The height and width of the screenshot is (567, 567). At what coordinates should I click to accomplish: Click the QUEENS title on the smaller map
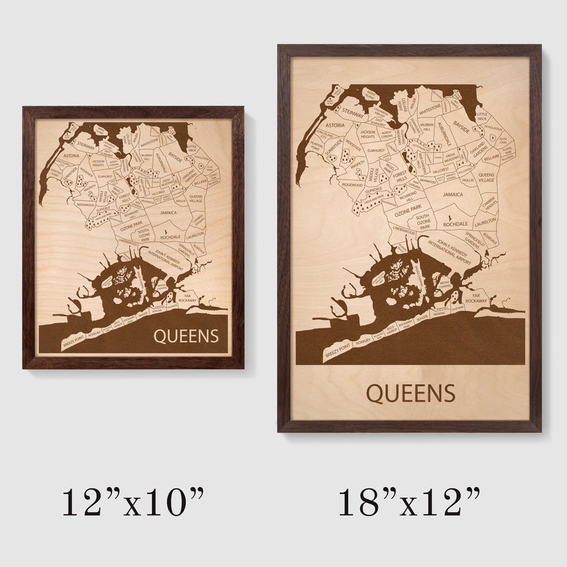[x=186, y=336]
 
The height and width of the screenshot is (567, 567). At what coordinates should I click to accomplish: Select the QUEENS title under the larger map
[x=410, y=393]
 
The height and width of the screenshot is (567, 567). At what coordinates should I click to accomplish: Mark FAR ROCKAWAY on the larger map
[x=479, y=297]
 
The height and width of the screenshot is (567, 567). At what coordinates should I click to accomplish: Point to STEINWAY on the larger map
[x=352, y=111]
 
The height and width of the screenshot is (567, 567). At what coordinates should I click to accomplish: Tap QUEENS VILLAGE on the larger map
[x=486, y=178]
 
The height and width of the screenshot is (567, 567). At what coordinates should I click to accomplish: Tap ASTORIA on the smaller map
[x=71, y=155]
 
